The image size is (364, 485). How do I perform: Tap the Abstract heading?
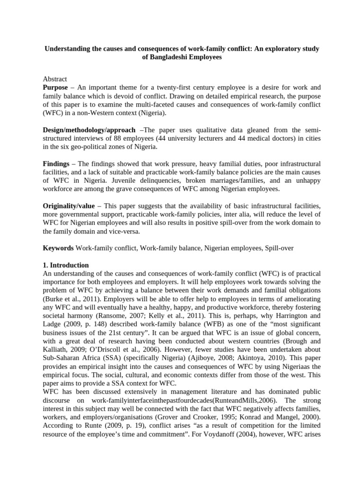click(x=55, y=79)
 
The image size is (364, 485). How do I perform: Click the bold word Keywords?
click(x=58, y=248)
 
